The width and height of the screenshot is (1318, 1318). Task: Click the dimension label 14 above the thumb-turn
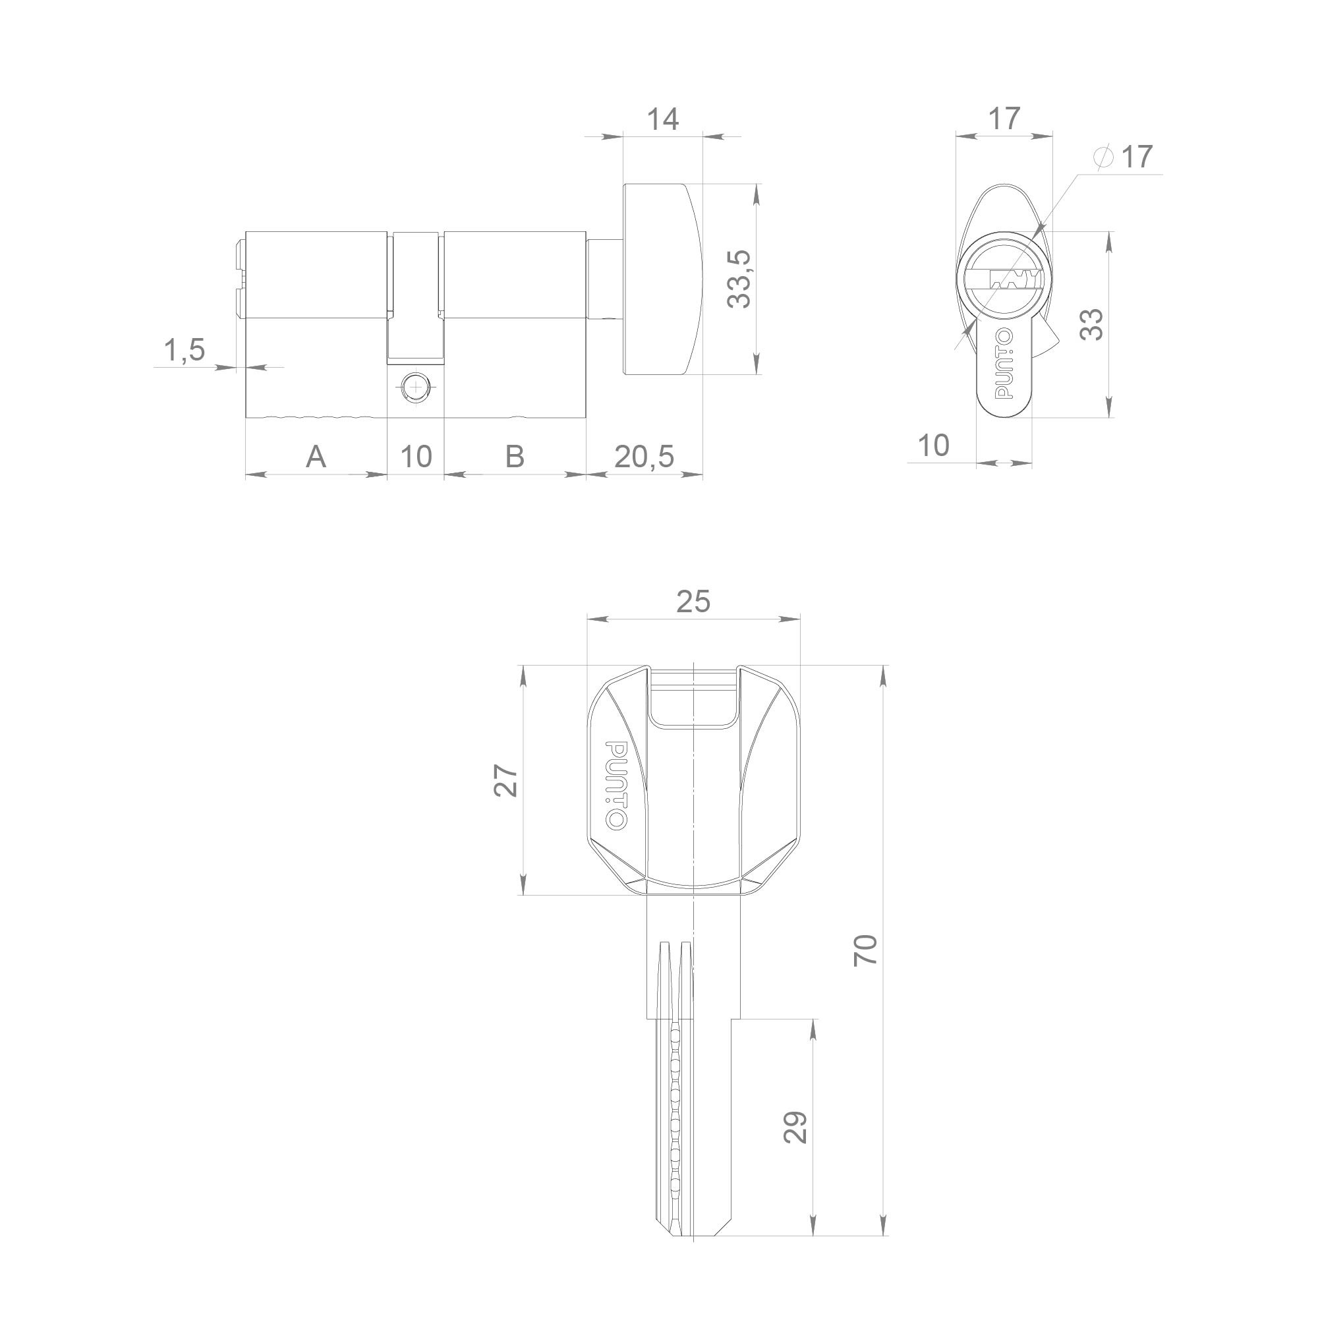point(662,120)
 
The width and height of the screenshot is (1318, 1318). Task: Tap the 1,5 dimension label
point(185,350)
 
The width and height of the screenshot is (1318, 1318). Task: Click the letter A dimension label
point(315,457)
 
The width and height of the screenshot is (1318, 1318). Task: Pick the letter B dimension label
point(515,457)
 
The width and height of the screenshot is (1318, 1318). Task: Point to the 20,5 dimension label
point(643,457)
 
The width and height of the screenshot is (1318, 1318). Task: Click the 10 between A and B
point(415,457)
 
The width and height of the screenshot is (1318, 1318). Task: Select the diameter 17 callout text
point(1123,158)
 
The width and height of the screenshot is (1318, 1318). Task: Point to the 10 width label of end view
point(933,446)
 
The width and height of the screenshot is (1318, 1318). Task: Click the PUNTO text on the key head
point(616,786)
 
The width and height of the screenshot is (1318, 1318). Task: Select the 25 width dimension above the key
point(693,602)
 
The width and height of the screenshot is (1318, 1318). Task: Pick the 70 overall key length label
point(866,950)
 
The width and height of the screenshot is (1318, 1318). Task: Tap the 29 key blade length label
point(796,1127)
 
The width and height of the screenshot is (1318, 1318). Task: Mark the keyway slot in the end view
point(1014,279)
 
